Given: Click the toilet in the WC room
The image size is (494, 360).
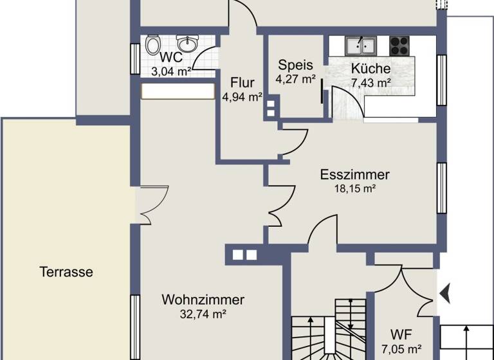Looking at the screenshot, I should pyautogui.click(x=153, y=45).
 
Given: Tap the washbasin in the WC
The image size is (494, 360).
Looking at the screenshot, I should pyautogui.click(x=187, y=44).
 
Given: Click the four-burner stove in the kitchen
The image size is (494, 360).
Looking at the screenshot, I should pyautogui.click(x=399, y=45).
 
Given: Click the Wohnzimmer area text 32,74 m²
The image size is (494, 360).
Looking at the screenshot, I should pyautogui.click(x=203, y=314).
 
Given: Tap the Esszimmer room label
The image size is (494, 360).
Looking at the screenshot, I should pyautogui.click(x=354, y=175).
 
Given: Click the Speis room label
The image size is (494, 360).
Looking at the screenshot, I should pyautogui.click(x=295, y=65).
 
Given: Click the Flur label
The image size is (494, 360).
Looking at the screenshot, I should pyautogui.click(x=242, y=83).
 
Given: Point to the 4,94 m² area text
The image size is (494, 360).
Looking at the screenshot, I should pyautogui.click(x=242, y=98).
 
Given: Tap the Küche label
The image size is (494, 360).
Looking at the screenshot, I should pyautogui.click(x=371, y=69).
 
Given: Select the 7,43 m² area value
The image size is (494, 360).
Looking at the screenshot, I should pyautogui.click(x=371, y=82).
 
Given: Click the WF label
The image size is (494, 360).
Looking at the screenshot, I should pyautogui.click(x=401, y=335).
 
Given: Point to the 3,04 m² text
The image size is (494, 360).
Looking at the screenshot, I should pyautogui.click(x=170, y=71).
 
